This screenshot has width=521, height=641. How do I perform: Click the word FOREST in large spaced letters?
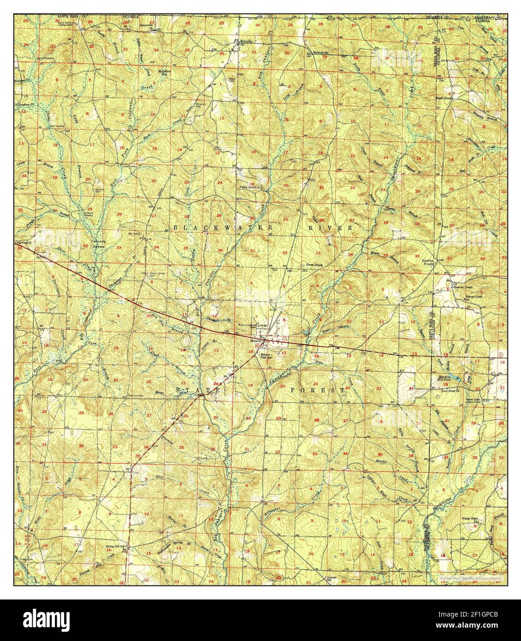pyautogui.click(x=318, y=390)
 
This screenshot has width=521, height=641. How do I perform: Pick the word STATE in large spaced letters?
pyautogui.click(x=199, y=391)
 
